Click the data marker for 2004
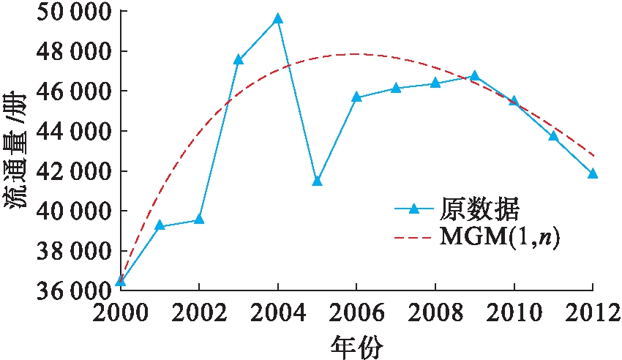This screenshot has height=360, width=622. [x=277, y=19]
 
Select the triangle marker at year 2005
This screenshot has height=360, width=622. [x=317, y=181]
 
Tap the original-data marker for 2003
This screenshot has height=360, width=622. [x=238, y=60]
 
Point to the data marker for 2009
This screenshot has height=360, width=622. [x=474, y=76]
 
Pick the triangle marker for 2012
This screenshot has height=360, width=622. [x=593, y=173]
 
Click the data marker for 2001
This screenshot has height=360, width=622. [x=160, y=226]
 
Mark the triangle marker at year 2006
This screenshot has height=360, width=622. [x=356, y=97]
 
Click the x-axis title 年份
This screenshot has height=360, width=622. [x=356, y=345]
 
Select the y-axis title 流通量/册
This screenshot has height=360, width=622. [x=19, y=150]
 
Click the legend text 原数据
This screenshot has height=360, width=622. [x=480, y=209]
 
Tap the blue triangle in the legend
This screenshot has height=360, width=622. [x=413, y=209]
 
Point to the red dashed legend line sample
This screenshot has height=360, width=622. [x=413, y=238]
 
